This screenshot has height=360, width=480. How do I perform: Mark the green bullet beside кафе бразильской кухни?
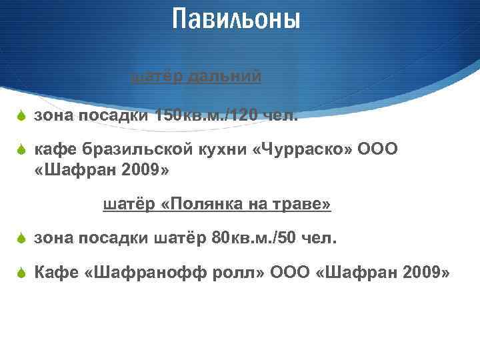[x=21, y=150]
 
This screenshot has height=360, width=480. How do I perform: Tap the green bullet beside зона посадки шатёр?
[x=21, y=238]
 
